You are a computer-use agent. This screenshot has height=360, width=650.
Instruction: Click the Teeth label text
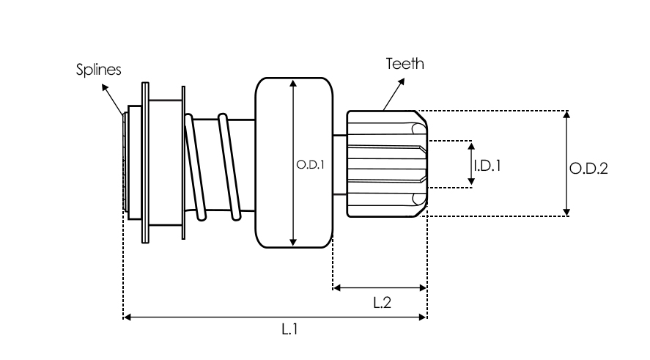[405, 64]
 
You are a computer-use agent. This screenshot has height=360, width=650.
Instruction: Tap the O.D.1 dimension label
[310, 166]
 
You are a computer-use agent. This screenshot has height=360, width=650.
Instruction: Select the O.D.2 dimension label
[589, 169]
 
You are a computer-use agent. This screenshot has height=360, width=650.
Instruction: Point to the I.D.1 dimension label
[487, 166]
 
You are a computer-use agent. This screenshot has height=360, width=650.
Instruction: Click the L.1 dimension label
[289, 330]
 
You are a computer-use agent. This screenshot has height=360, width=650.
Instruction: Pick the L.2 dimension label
[381, 303]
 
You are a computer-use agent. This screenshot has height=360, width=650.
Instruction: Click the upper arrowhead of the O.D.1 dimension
[293, 84]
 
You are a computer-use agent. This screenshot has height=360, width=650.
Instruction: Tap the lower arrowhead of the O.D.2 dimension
[566, 212]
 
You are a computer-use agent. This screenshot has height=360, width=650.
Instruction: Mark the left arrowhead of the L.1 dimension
[127, 317]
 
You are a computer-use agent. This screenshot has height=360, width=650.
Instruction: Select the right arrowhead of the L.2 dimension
[422, 288]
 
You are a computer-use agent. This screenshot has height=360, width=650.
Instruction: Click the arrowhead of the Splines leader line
[105, 88]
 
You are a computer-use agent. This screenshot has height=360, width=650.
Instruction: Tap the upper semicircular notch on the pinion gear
[419, 130]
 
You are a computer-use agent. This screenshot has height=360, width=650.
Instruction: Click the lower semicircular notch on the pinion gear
[419, 198]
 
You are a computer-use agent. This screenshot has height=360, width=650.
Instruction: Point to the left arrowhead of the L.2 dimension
[337, 288]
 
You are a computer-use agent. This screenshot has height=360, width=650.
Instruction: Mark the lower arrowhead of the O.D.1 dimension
[293, 242]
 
